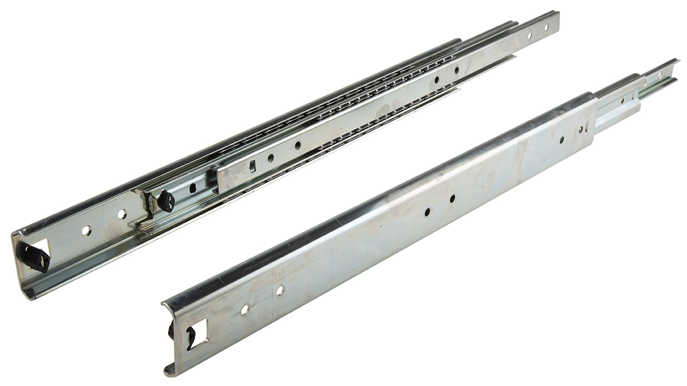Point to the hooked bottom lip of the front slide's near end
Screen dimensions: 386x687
point(169,369)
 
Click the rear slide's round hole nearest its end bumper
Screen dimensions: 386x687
point(86,231)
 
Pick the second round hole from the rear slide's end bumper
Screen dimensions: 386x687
point(121,215)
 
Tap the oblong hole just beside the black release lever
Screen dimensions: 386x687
point(193,187)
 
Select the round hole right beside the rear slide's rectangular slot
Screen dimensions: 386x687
point(270,157)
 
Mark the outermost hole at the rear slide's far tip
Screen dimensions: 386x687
point(546,27)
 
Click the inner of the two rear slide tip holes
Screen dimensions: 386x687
point(529,35)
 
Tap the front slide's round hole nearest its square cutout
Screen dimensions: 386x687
point(244,309)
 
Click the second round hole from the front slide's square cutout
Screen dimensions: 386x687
point(279,291)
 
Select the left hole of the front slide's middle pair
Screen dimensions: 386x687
point(428,211)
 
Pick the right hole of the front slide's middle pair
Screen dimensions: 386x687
point(452,199)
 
